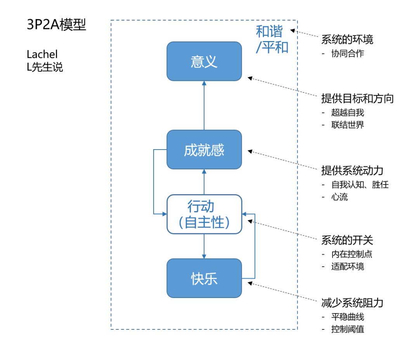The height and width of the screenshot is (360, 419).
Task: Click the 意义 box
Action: (x=204, y=61)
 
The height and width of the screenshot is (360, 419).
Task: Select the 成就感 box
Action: (x=204, y=150)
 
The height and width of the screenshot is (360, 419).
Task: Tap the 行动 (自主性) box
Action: (x=204, y=214)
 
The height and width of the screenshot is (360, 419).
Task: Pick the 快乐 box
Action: (x=204, y=278)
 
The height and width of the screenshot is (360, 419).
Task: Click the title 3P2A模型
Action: (x=56, y=26)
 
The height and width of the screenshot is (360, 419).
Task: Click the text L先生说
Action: (x=45, y=67)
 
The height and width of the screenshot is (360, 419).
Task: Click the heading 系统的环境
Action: (x=347, y=40)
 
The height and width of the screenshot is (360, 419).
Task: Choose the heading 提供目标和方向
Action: (x=357, y=98)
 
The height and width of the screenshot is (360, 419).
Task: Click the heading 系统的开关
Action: (x=347, y=240)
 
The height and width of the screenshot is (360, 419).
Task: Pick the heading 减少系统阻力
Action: (x=352, y=302)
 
